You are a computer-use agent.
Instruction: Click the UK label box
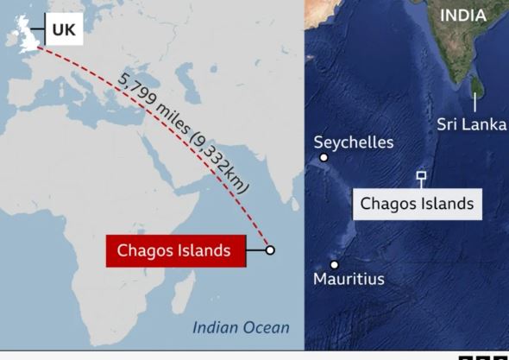64,29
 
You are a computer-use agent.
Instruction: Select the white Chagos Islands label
417,204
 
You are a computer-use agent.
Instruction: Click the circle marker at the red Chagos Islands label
270,250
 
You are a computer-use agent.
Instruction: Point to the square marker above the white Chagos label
421,176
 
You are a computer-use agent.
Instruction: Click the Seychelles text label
354,142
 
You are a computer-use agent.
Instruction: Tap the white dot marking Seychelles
324,157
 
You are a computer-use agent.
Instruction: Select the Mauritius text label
349,279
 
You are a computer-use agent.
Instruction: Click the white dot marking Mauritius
334,264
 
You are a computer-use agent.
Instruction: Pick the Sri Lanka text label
471,124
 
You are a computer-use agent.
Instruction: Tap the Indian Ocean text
241,327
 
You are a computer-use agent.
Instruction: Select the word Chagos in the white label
389,204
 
